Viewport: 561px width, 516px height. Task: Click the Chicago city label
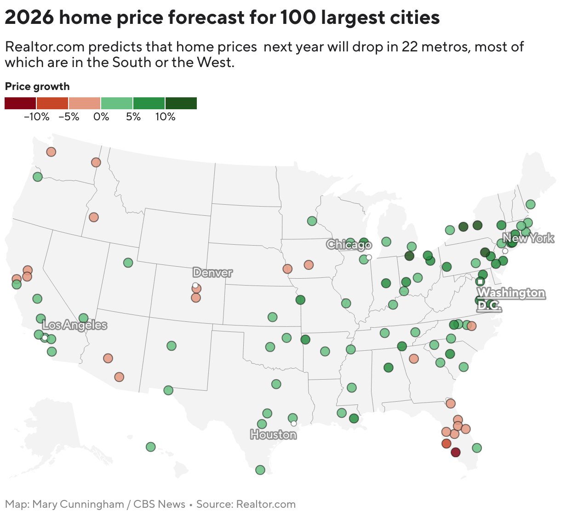pos(349,245)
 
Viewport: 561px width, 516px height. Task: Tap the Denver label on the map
pos(212,273)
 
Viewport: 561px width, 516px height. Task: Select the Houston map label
pos(273,434)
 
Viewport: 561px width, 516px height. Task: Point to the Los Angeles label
pos(74,325)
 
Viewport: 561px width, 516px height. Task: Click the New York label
pos(528,238)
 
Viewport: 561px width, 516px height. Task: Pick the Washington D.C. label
pos(511,299)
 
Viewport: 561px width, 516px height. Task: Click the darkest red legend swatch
pos(20,103)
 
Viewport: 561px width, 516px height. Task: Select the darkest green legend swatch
pos(181,103)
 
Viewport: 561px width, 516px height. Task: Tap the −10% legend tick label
pos(36,117)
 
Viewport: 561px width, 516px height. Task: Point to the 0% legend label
pos(101,117)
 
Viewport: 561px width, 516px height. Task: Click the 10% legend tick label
pos(165,117)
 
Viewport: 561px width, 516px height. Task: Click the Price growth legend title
pos(37,86)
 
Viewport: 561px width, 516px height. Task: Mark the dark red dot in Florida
pos(455,452)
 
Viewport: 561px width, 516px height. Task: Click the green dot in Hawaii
pos(150,447)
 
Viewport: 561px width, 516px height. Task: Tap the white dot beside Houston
pos(294,423)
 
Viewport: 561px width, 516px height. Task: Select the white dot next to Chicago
pos(369,257)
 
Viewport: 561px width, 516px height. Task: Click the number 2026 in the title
pos(29,18)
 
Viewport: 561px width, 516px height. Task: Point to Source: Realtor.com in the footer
pos(246,504)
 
